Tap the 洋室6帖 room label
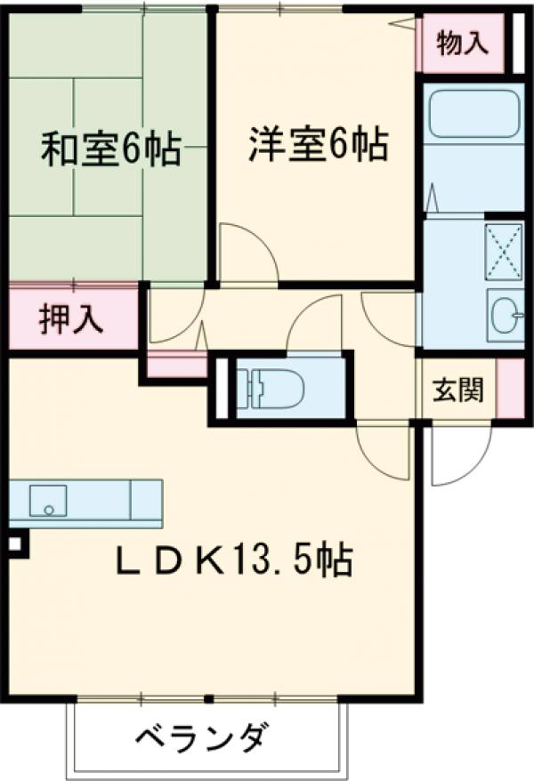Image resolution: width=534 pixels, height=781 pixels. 318,144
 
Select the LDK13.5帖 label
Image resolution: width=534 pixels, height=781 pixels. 235,560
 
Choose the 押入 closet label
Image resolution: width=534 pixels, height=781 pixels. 72,318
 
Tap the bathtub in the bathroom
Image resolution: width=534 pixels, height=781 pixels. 473,115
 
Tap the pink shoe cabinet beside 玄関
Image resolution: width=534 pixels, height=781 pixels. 509,390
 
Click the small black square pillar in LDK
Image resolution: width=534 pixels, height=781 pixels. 15,543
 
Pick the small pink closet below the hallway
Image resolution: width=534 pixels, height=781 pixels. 177,365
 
